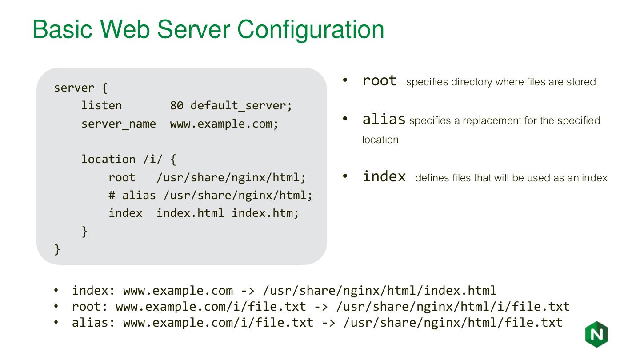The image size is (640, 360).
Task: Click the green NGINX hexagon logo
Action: point(596,334)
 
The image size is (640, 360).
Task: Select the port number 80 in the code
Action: point(176,106)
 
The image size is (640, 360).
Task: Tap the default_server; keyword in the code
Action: point(241,106)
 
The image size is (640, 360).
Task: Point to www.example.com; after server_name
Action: point(224,124)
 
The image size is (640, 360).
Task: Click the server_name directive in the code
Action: point(118,124)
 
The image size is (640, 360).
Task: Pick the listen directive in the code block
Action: point(101,106)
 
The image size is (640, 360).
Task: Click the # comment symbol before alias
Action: point(112,195)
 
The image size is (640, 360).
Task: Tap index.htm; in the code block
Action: point(265,213)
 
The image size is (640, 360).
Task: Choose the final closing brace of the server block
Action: point(57,249)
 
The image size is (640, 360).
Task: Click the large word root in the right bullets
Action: point(379,81)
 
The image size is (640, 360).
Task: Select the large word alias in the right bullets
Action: point(384,120)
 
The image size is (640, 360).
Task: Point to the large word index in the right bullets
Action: point(384,177)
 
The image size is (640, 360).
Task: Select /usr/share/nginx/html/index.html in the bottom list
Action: point(380,291)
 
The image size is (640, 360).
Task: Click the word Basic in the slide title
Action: point(62,29)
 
